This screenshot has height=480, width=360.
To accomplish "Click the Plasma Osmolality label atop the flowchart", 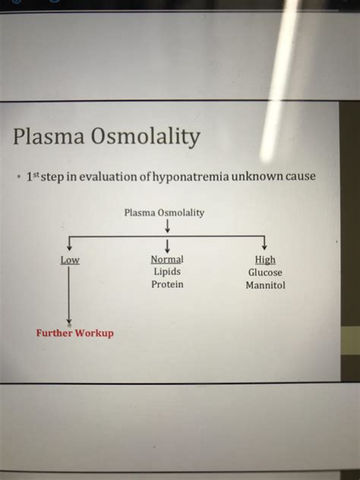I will point(164,213).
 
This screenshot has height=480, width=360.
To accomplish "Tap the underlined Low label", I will point(70,260).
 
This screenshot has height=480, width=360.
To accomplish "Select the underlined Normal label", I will point(167,259).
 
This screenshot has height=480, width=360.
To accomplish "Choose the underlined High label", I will point(265,260).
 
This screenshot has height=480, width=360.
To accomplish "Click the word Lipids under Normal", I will point(167,271).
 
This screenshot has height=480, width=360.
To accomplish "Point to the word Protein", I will point(167,284).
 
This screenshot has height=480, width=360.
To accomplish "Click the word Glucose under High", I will point(265,273).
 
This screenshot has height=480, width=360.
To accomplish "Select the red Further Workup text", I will point(74,333).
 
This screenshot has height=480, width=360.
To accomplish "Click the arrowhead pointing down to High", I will point(264,246).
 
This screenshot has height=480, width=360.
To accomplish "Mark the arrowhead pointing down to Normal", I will point(166,246).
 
